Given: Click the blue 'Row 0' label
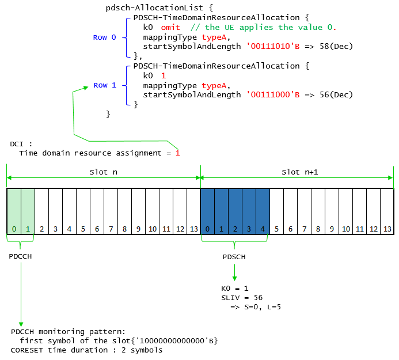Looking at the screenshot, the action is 105,37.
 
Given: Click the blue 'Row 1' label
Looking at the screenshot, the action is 105,85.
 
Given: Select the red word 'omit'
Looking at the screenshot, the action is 170,27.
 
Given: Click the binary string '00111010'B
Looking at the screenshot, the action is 273,46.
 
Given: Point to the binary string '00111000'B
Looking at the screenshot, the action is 273,94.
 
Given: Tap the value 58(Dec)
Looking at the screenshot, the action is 336,46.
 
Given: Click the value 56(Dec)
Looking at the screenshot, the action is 336,94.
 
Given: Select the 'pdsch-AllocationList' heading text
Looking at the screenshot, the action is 154,8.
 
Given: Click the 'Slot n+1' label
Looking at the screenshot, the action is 300,172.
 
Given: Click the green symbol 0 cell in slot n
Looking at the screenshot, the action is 14,211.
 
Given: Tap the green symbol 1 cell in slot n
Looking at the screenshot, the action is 28,211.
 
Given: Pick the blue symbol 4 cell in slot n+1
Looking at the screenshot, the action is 263,211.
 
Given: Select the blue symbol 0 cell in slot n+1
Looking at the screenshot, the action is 208,211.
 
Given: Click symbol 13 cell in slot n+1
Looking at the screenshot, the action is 387,211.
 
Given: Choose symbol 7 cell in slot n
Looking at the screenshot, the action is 111,211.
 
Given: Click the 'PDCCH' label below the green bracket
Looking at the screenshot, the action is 20,256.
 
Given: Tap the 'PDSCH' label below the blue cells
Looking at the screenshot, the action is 234,257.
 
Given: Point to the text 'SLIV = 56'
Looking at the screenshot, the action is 242,298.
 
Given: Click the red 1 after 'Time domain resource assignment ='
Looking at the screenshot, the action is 177,153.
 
